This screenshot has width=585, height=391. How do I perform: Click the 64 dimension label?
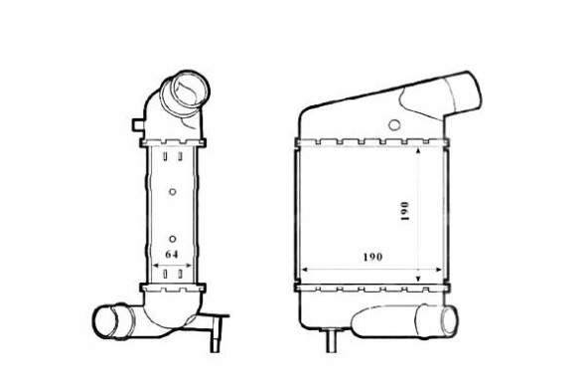tap(172, 255)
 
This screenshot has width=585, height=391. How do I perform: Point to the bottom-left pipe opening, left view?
tap(104, 322)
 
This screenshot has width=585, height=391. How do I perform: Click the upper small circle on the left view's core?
tap(173, 190)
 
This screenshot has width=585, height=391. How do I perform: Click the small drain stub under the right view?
tap(330, 344)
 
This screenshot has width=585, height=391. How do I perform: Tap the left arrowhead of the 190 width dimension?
tap(304, 269)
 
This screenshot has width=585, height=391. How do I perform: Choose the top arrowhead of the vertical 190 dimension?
tap(418, 158)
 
